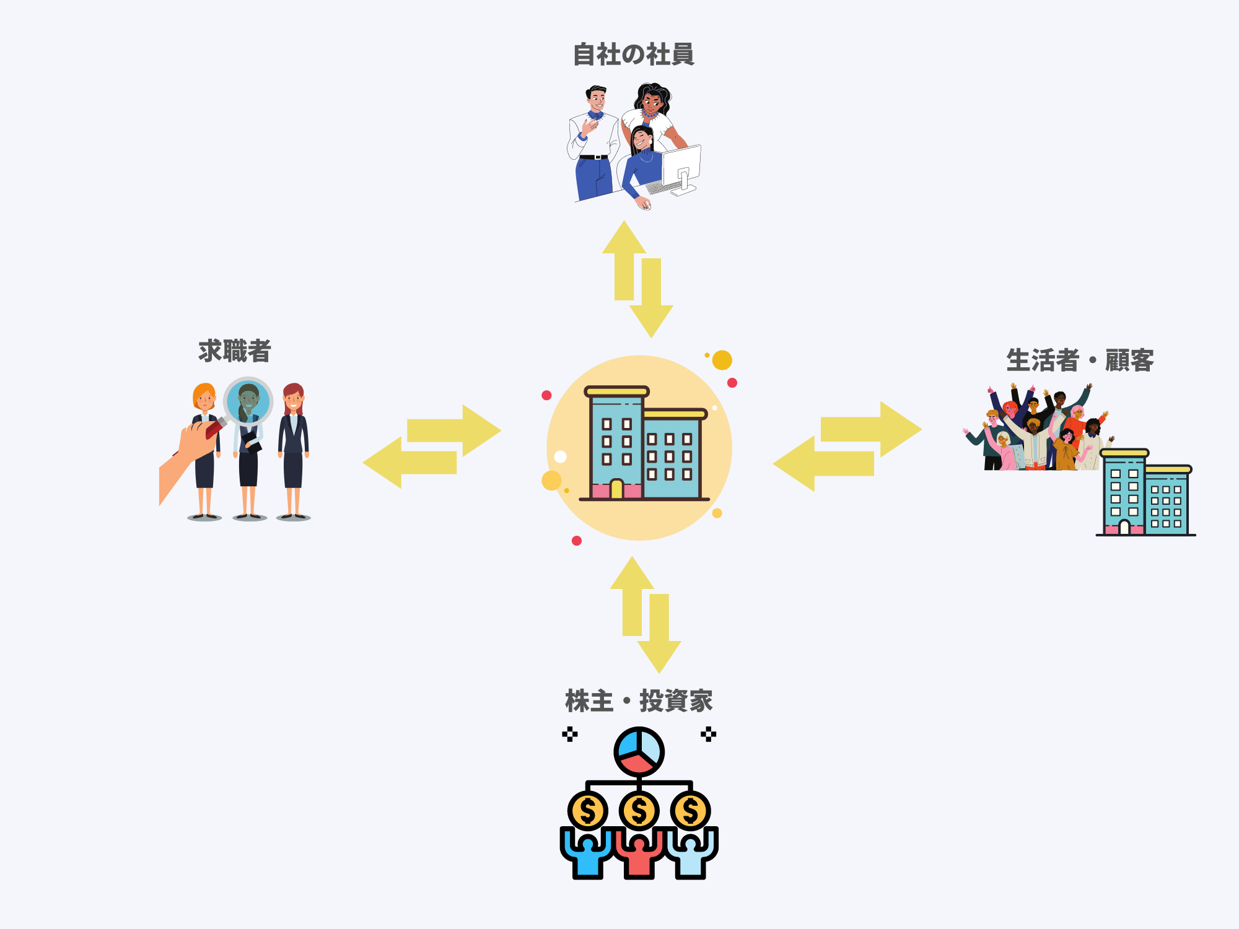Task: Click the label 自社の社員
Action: click(633, 55)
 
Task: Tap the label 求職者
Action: click(235, 351)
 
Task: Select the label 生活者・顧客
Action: click(1080, 360)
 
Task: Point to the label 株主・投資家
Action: click(639, 701)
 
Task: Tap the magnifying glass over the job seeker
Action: click(248, 401)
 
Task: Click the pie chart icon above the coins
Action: click(639, 752)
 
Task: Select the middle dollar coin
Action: click(639, 811)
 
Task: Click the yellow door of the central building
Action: click(616, 489)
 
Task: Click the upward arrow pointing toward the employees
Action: click(624, 260)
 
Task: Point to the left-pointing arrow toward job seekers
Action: click(409, 463)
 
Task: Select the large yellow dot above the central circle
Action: click(722, 360)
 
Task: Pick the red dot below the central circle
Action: click(577, 541)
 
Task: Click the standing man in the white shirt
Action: click(593, 142)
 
